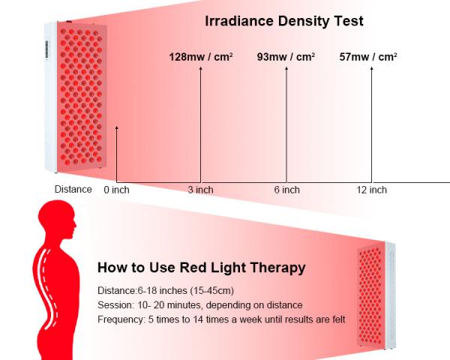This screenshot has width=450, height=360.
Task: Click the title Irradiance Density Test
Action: pos(284,21)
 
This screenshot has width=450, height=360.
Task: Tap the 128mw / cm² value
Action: pos(200,57)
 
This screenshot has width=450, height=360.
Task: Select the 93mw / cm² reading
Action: pos(286,57)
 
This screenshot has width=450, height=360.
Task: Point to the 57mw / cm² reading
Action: pos(368,57)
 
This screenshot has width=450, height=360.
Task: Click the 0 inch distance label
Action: pos(116,190)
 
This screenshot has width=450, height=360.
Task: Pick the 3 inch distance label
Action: pos(200,190)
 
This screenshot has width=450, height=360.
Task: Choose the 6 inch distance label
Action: pos(286,190)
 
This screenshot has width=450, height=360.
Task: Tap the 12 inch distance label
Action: pos(372,190)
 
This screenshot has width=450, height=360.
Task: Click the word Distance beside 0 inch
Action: pos(73,189)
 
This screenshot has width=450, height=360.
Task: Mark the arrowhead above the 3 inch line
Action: pos(200,68)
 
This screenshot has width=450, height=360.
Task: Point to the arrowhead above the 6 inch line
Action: pos(286,68)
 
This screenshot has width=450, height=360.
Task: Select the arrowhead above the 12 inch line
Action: pos(372,68)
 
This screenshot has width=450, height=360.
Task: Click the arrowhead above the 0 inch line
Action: pos(116,127)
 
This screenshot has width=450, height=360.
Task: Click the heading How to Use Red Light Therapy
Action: pos(202,268)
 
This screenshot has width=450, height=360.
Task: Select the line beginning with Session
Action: pos(200,305)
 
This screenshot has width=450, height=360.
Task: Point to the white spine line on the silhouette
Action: pos(47,287)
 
